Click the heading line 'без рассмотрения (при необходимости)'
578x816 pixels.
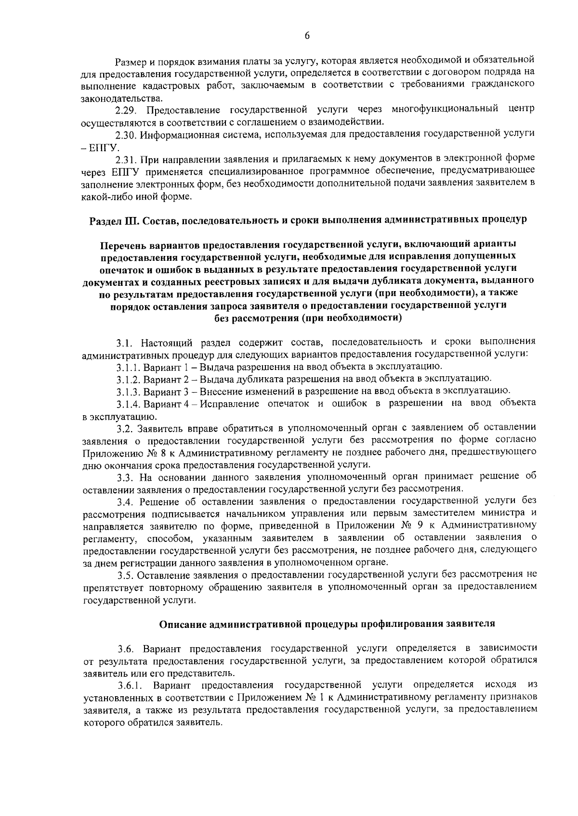[x=307, y=318]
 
